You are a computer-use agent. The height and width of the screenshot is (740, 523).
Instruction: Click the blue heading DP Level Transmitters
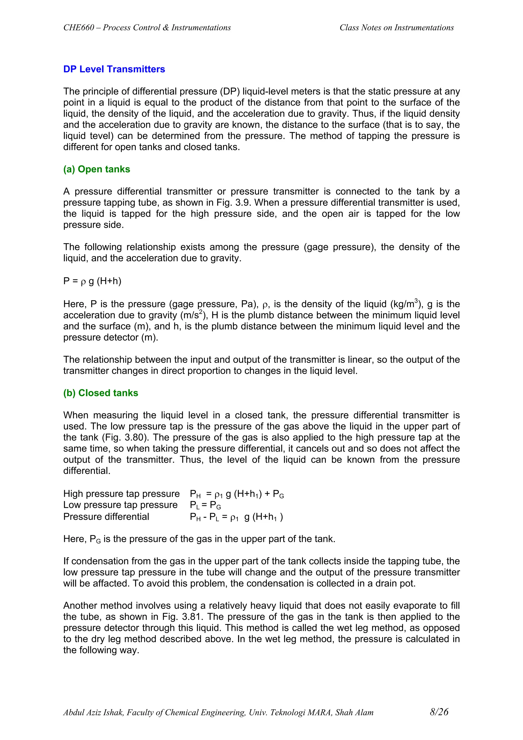pyautogui.click(x=114, y=69)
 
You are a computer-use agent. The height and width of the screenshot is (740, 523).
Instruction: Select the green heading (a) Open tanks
pyautogui.click(x=97, y=169)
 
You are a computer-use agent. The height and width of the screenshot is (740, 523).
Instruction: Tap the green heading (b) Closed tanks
pyautogui.click(x=101, y=393)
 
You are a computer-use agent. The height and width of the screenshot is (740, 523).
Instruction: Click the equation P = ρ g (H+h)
pyautogui.click(x=92, y=281)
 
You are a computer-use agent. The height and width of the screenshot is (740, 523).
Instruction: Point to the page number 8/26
pyautogui.click(x=439, y=712)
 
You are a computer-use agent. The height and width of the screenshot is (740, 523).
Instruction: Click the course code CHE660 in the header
pyautogui.click(x=79, y=28)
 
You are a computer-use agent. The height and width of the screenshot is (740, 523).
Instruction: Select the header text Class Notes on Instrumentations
pyautogui.click(x=396, y=28)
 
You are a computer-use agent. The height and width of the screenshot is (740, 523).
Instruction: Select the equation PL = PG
pyautogui.click(x=205, y=505)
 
